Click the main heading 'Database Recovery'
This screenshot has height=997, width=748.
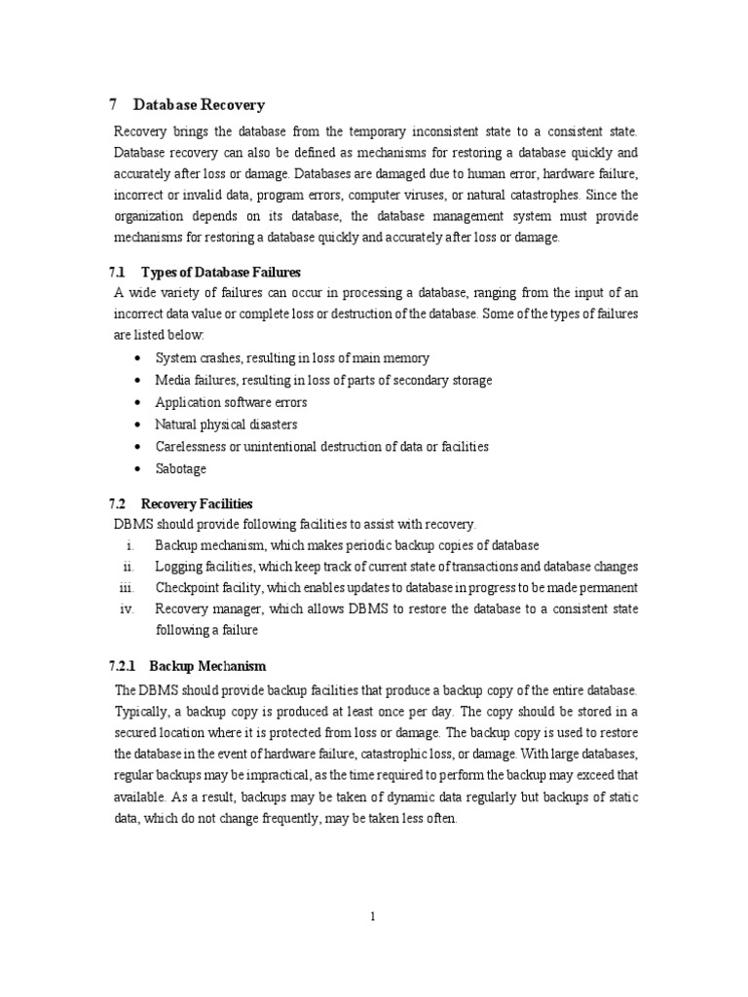(x=199, y=104)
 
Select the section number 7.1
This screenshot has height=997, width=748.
(x=118, y=272)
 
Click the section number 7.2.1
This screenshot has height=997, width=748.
(x=125, y=666)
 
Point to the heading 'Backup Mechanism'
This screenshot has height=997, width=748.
(x=207, y=666)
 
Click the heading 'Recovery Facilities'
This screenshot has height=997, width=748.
(x=197, y=503)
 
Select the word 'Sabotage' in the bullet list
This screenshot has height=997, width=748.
(x=181, y=468)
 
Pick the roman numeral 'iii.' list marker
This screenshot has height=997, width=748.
(x=124, y=587)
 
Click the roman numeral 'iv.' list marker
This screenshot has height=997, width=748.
(x=125, y=609)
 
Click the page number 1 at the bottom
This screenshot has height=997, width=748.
(x=373, y=916)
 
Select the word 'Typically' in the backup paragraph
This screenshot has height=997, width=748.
(x=142, y=710)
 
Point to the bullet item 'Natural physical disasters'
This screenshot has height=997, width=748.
(x=226, y=425)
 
